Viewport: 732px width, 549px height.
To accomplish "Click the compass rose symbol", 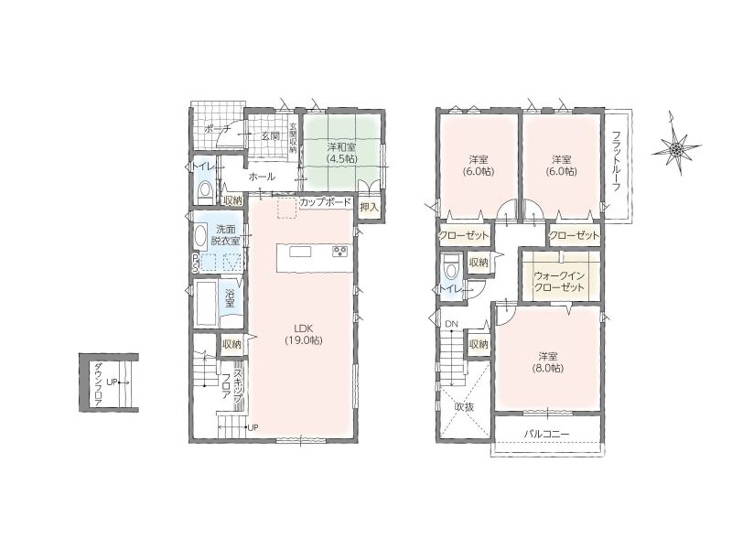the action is (x=676, y=147).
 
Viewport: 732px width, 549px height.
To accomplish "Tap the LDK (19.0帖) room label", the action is (x=304, y=334).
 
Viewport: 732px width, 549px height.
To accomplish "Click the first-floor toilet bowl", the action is (x=204, y=190).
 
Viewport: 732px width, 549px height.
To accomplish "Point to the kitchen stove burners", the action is (x=339, y=252).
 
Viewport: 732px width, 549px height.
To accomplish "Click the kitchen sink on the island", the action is (x=300, y=252).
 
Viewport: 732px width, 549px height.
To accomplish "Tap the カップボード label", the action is (x=325, y=202).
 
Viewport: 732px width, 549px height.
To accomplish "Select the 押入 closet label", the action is (x=370, y=208).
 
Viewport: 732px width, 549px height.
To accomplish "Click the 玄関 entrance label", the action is (x=270, y=135).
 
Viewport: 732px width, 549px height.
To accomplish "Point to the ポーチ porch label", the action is (x=218, y=129).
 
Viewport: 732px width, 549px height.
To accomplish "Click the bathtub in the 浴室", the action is (x=205, y=304).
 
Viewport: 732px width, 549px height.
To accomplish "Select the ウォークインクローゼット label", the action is (x=559, y=282).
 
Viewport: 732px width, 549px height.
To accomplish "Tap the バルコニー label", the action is (x=546, y=434).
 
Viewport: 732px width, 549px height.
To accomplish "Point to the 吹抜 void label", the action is (x=464, y=406).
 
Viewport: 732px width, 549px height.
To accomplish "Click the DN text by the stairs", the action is (x=451, y=324).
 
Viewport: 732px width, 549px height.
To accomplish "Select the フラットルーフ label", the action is (x=616, y=161).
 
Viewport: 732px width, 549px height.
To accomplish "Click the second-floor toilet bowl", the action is (x=450, y=266).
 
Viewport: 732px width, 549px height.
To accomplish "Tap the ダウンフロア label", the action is (x=98, y=385).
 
